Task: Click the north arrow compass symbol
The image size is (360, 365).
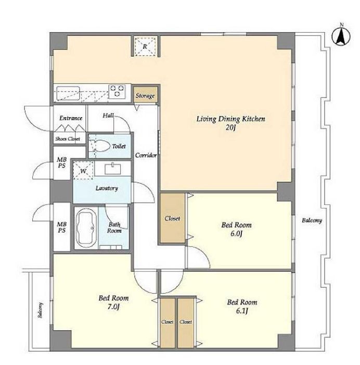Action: tap(341, 36)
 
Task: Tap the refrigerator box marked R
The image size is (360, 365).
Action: tap(145, 46)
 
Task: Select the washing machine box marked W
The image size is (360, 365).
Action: tap(83, 171)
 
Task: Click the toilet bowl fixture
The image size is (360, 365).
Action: tap(99, 146)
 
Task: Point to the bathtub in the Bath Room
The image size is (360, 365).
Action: tap(86, 228)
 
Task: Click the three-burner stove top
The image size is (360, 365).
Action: tap(117, 91)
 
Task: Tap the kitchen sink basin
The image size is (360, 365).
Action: tap(68, 93)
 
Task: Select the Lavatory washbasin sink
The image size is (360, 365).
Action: tap(112, 169)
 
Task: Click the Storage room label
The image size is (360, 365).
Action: tap(145, 96)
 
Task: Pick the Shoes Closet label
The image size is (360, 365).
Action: tap(68, 139)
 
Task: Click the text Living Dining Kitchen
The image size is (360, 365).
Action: tap(230, 119)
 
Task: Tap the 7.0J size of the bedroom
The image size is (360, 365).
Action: tap(113, 307)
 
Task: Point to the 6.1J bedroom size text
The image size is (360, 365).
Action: tap(242, 311)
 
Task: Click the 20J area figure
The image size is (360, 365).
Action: tap(230, 128)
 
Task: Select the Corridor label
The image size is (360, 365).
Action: tap(146, 155)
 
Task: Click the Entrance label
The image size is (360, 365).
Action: tap(71, 118)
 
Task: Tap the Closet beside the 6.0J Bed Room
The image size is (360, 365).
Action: tap(172, 218)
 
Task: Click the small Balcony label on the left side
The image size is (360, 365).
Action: tap(40, 310)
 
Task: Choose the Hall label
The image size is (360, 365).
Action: tap(108, 115)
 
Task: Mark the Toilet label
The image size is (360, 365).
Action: tap(119, 146)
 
